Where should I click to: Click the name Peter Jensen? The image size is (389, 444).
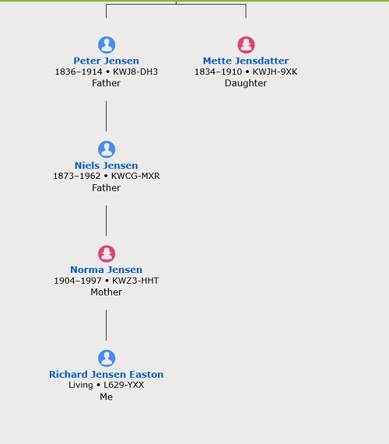click(107, 61)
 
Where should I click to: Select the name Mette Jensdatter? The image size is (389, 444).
click(246, 61)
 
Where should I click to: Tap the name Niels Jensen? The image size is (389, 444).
click(107, 166)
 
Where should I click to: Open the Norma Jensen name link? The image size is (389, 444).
click(107, 270)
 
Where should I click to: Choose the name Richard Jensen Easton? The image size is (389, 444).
click(107, 374)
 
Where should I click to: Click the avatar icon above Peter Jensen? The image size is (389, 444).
click(107, 45)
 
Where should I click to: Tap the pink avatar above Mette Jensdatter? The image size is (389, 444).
click(246, 45)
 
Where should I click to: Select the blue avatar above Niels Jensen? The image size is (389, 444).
click(107, 149)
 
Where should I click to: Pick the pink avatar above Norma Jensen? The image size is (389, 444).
click(107, 253)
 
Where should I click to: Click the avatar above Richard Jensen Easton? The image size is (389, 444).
click(107, 358)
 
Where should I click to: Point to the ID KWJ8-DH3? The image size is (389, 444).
click(135, 72)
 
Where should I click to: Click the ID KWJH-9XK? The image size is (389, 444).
click(275, 72)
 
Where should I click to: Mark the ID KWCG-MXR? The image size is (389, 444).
click(135, 176)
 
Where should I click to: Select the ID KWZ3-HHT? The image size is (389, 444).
click(135, 281)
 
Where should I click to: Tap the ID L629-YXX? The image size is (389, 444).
click(124, 385)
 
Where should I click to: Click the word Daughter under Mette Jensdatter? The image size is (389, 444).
click(246, 83)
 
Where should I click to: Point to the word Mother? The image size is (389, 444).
click(107, 292)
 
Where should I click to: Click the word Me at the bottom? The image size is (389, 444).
click(107, 397)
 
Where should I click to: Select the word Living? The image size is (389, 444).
click(81, 386)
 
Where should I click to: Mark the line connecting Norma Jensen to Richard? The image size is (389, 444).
click(107, 325)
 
